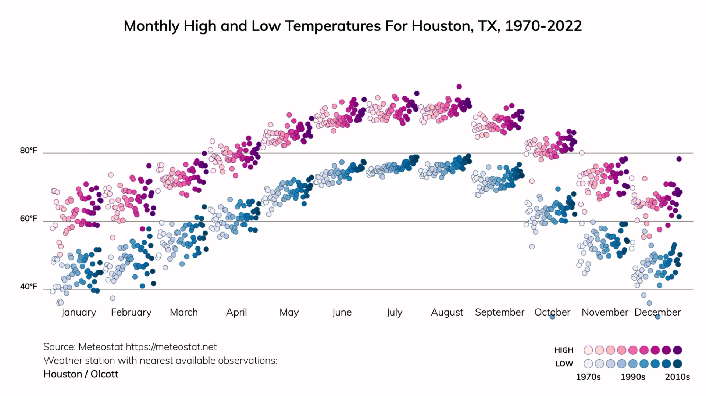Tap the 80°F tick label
click(x=29, y=151)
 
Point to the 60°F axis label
click(x=29, y=219)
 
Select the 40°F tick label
click(x=29, y=287)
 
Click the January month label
click(x=78, y=312)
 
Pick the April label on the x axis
click(x=236, y=312)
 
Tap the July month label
click(x=394, y=312)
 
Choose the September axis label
click(x=499, y=312)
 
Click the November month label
click(x=605, y=312)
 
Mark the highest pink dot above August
click(x=459, y=87)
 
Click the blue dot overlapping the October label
click(x=552, y=317)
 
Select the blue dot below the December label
click(x=658, y=317)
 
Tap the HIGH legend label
click(x=564, y=350)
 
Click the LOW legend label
click(x=564, y=364)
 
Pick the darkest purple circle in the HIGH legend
click(x=677, y=350)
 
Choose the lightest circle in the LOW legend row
click(x=588, y=364)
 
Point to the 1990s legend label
click(x=632, y=377)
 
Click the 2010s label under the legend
click(x=677, y=377)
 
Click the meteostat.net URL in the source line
click(x=171, y=347)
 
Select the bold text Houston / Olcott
click(x=81, y=374)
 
